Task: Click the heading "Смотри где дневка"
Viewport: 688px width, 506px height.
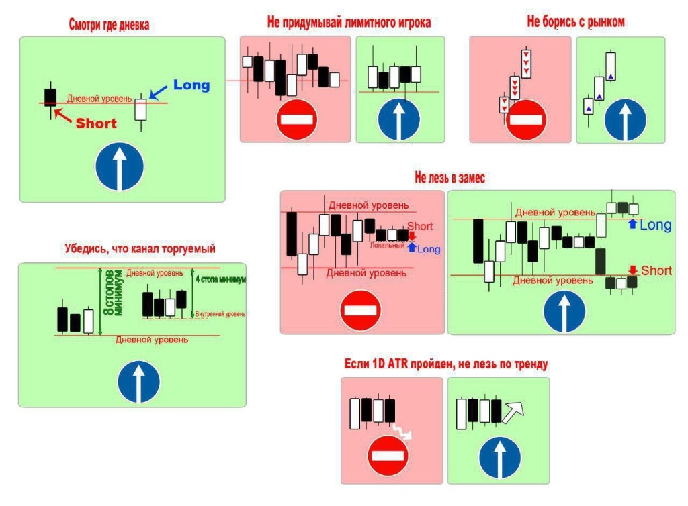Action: pyautogui.click(x=109, y=26)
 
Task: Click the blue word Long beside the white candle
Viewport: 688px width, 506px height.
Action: pyautogui.click(x=191, y=85)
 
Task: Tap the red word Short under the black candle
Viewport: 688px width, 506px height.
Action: pyautogui.click(x=95, y=123)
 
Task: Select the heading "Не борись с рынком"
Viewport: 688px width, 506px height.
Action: pyautogui.click(x=576, y=22)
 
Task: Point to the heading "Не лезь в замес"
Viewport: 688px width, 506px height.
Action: pyautogui.click(x=449, y=178)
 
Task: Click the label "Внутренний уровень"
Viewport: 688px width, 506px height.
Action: pyautogui.click(x=220, y=313)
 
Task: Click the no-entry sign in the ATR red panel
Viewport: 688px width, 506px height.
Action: pyautogui.click(x=388, y=456)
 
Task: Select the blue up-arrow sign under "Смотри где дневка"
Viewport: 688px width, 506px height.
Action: pyautogui.click(x=120, y=168)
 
